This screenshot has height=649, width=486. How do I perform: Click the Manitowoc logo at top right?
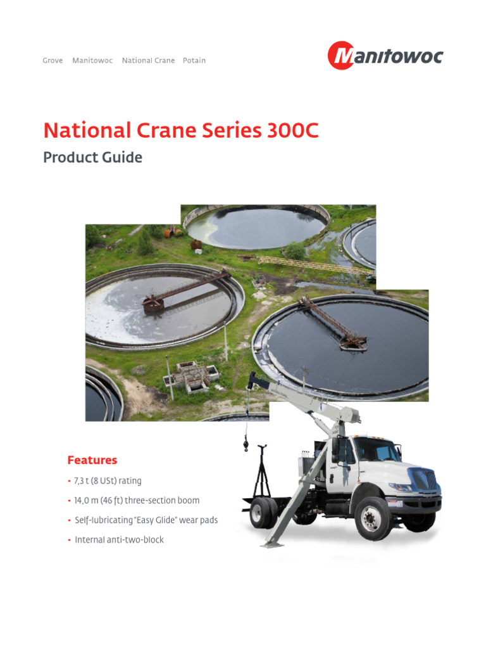pyautogui.click(x=385, y=56)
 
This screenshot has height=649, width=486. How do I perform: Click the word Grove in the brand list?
pyautogui.click(x=53, y=61)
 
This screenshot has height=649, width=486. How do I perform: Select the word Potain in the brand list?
pyautogui.click(x=194, y=61)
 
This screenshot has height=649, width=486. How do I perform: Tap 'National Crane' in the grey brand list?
pyautogui.click(x=148, y=61)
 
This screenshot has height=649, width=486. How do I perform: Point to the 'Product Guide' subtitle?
pyautogui.click(x=92, y=157)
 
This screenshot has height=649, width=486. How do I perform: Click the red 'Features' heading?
pyautogui.click(x=92, y=460)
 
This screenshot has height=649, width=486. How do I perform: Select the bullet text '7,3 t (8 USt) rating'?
pyautogui.click(x=108, y=482)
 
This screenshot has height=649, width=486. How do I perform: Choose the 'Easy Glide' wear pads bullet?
pyautogui.click(x=146, y=520)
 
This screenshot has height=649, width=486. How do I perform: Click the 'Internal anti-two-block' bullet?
pyautogui.click(x=119, y=540)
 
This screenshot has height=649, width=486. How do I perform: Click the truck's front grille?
pyautogui.click(x=426, y=480)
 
